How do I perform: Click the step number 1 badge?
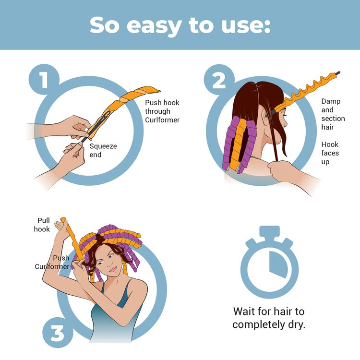pyautogui.click(x=44, y=79)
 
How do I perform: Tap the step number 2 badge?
pyautogui.click(x=219, y=80)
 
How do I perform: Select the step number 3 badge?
pyautogui.click(x=58, y=333)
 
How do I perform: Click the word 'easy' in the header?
pyautogui.click(x=154, y=26)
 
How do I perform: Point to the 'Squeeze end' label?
pyautogui.click(x=103, y=150)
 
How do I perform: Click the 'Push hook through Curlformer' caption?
pyautogui.click(x=162, y=111)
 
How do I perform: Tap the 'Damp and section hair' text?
pyautogui.click(x=333, y=114)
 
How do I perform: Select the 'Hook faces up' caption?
pyautogui.click(x=330, y=153)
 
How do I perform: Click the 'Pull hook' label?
pyautogui.click(x=42, y=225)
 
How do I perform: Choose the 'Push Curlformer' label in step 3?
pyautogui.click(x=52, y=262)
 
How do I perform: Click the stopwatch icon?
pyautogui.click(x=270, y=262)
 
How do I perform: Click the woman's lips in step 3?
pyautogui.click(x=113, y=269)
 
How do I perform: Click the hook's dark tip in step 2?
pyautogui.click(x=337, y=73)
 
